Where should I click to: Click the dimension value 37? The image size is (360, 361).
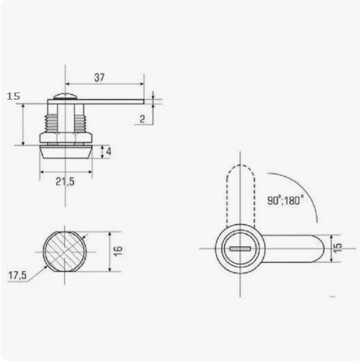pos(99,77)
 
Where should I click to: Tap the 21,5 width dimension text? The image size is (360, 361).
pos(65,182)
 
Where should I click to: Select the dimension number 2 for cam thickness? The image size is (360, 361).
pos(142,119)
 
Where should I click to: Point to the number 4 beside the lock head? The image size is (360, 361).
pos(108,151)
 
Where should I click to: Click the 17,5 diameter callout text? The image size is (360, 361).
pos(18,275)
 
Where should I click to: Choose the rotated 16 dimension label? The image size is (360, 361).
pos(118,251)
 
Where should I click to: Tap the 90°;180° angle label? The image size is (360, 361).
pos(285,200)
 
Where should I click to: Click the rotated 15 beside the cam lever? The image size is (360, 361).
pos(338,247)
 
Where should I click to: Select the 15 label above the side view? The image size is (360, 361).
pos(14,96)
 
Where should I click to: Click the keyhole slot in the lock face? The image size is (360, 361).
pos(240,249)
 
